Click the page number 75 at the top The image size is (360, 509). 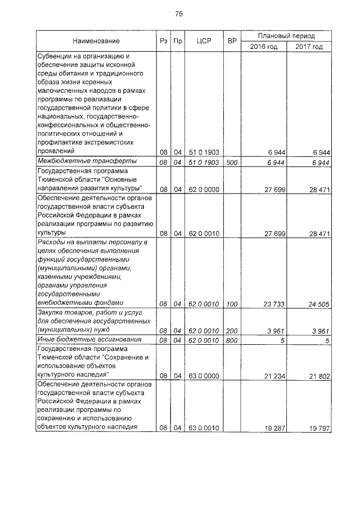coord(179,14)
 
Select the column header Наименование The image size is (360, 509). coord(96,41)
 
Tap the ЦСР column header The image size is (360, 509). coord(204,41)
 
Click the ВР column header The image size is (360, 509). coord(232,41)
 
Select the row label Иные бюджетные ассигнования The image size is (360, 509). coord(77,340)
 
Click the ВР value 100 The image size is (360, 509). coord(232,304)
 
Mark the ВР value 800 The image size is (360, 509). coord(232,340)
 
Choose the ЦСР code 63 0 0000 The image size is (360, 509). coord(204,376)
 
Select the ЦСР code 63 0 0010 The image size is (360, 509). coord(204,428)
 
